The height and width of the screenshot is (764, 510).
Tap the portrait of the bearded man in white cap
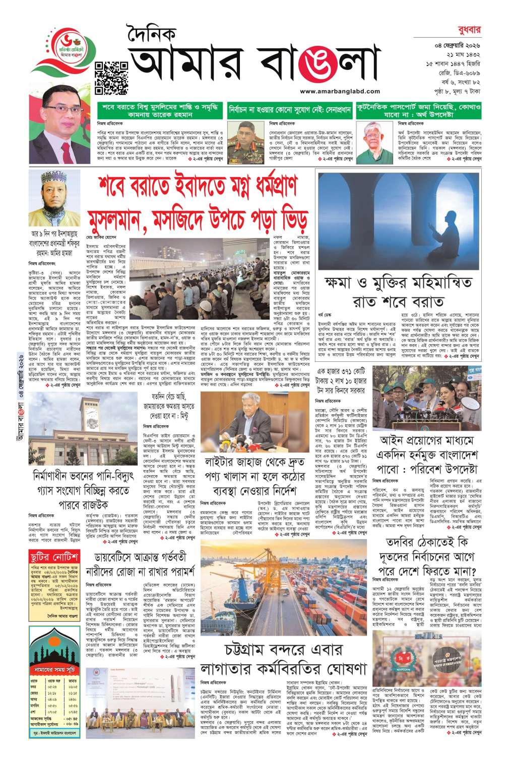[48, 199]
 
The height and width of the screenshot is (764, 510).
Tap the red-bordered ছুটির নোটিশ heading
[53, 558]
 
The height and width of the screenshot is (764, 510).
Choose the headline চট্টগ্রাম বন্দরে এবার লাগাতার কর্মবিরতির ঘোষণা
[283, 659]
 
